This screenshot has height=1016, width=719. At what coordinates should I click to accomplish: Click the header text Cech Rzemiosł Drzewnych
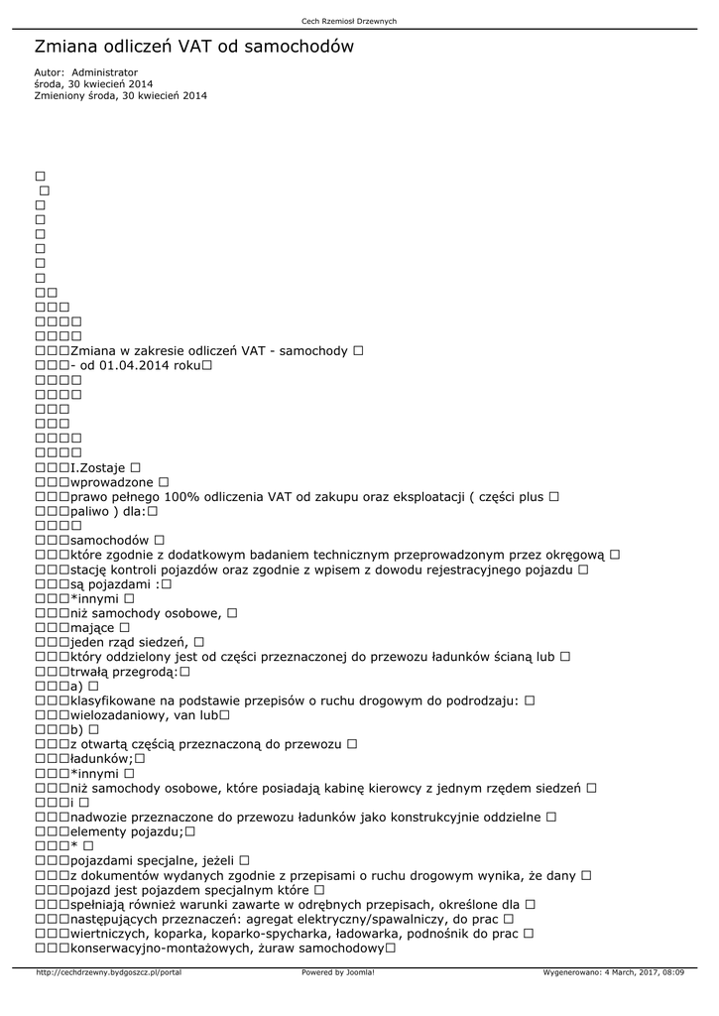tap(348, 21)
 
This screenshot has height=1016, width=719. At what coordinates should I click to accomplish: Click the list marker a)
tap(77, 686)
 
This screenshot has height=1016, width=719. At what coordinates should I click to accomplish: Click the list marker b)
tap(77, 729)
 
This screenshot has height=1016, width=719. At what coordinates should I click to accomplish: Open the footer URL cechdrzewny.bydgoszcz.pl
tap(108, 972)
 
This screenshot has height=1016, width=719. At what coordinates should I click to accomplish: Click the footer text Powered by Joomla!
tap(337, 972)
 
